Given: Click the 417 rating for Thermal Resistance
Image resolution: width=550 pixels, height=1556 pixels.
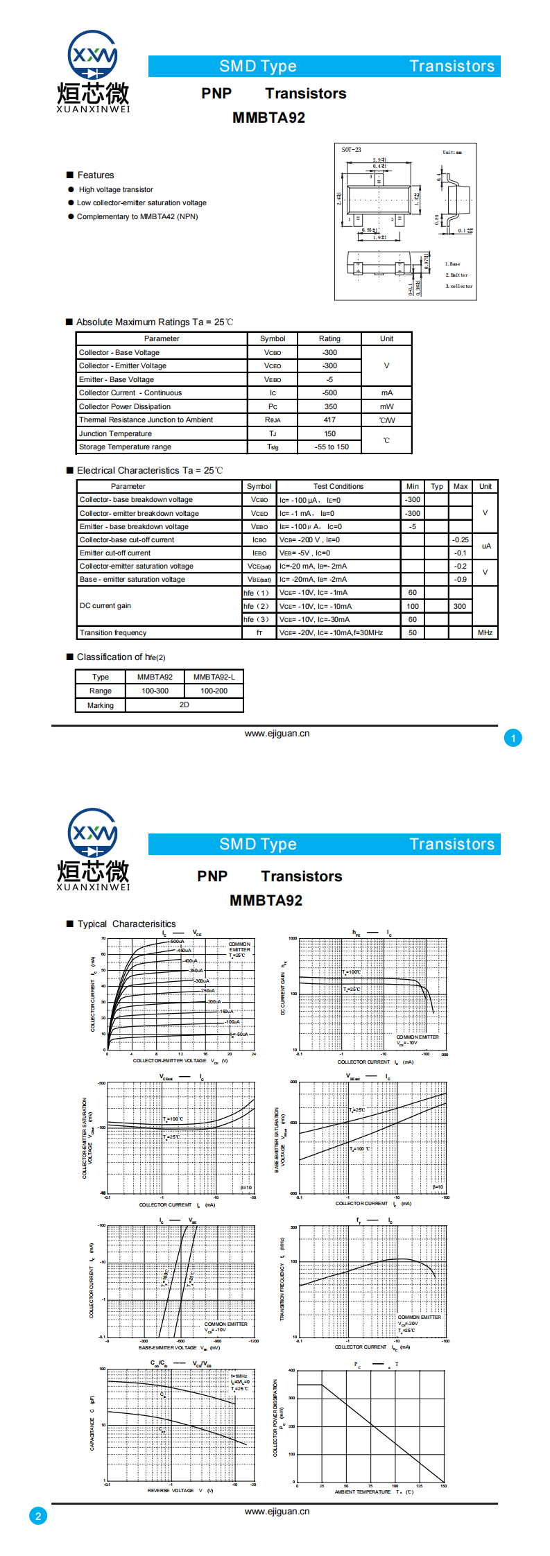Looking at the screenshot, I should point(329,420).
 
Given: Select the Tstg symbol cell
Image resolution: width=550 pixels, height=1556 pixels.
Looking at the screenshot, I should point(273,447).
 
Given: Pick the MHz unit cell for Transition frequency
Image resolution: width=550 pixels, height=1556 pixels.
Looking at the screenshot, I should point(485,632).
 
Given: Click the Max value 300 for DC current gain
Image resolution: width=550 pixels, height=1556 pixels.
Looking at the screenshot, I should point(460,606).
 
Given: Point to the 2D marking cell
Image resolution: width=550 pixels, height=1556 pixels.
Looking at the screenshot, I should point(184,704).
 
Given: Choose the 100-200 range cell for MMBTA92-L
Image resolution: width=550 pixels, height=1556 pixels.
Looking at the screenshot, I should point(214,691).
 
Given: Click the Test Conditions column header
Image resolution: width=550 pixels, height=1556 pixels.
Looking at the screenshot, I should point(338,486).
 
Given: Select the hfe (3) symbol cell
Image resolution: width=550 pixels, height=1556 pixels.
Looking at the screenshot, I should point(256,619).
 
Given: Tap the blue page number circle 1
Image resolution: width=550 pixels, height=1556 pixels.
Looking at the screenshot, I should point(513,738).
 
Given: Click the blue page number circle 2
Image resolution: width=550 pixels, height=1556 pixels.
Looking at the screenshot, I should point(38,1516).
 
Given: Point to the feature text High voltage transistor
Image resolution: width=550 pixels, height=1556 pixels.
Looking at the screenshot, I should point(116,189).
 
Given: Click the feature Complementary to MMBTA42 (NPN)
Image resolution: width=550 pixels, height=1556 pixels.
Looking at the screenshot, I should point(137,216).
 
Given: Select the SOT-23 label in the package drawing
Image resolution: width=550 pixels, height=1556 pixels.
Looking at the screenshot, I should point(351,150).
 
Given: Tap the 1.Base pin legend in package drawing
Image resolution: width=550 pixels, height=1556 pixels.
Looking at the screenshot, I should point(452,264).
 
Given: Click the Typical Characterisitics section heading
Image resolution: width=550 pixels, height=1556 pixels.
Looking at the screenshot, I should point(126,924).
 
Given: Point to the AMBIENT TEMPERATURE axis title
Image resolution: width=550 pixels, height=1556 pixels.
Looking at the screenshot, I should point(363,1492).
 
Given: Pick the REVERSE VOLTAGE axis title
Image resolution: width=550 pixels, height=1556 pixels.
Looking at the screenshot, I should point(171,1490).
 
